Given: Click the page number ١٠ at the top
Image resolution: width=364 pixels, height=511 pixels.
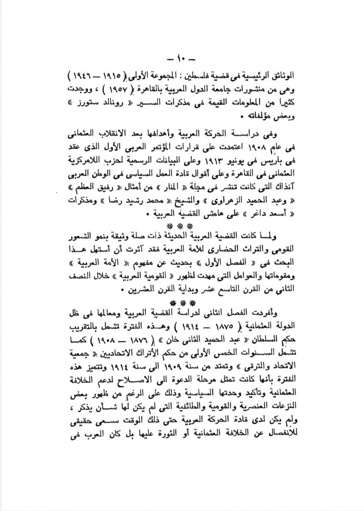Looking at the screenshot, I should click(x=183, y=56).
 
